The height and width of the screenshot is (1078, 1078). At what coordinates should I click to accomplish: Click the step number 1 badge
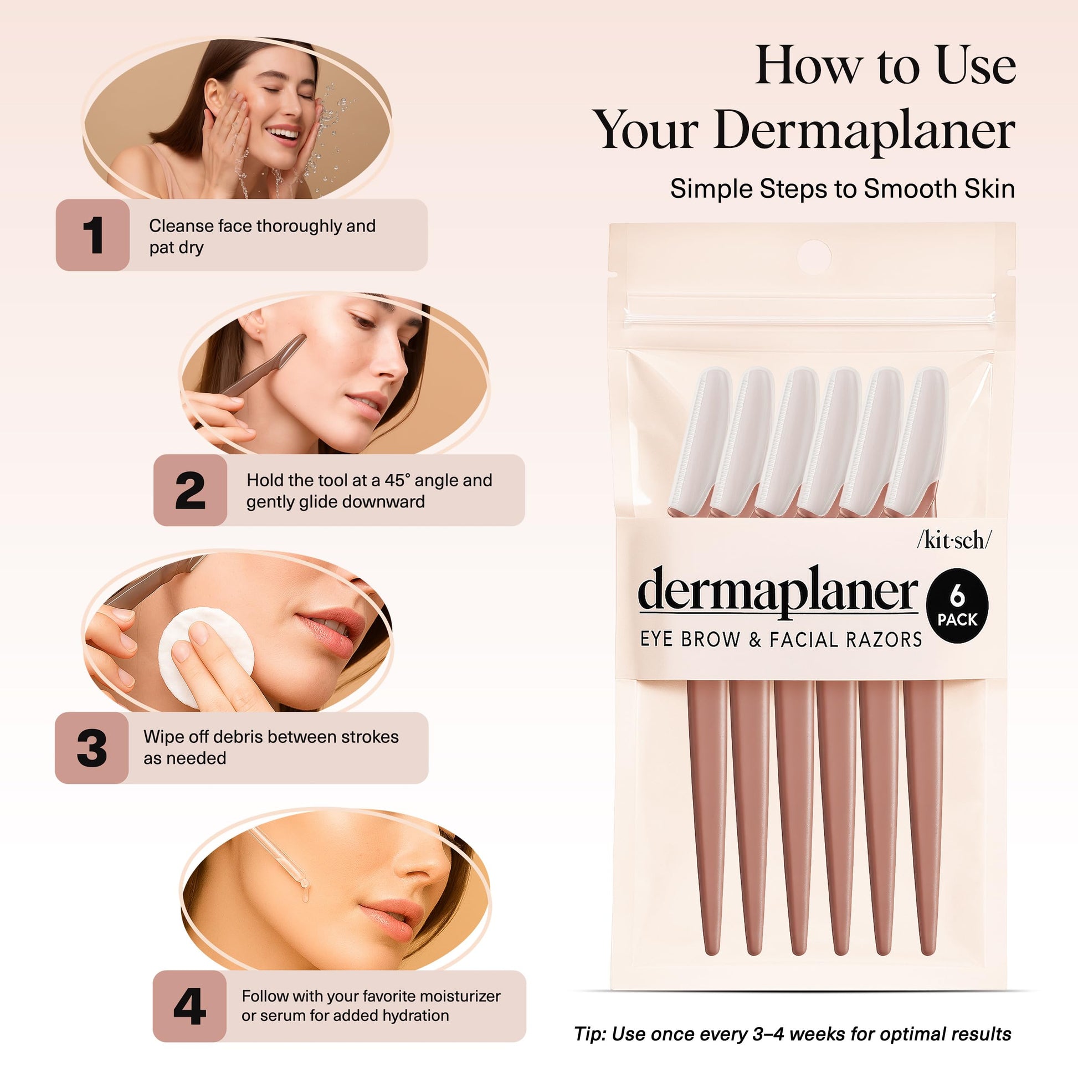click(93, 235)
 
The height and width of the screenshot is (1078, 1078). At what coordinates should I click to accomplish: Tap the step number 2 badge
click(190, 490)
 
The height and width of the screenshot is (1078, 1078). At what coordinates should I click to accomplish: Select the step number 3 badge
click(91, 748)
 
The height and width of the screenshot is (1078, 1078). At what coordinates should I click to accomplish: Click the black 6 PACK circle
click(957, 606)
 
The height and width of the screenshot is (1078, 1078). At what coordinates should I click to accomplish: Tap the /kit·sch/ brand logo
click(954, 541)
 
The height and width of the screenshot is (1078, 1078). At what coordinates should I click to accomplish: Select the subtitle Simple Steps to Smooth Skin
click(843, 188)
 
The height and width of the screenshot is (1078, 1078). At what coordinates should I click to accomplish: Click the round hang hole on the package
click(814, 257)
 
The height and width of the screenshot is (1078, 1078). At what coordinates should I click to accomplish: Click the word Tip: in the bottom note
click(591, 1034)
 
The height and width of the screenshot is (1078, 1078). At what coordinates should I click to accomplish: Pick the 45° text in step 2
click(398, 480)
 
